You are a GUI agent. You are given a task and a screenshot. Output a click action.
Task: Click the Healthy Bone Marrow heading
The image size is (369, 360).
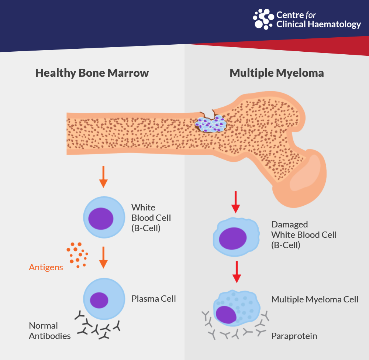[x=92, y=73]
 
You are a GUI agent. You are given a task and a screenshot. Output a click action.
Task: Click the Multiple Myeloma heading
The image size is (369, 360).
[x=277, y=73]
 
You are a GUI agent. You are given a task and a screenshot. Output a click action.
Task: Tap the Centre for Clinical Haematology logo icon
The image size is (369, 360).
[x=263, y=19]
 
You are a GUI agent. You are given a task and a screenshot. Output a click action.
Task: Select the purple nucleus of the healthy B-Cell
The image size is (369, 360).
[x=101, y=219]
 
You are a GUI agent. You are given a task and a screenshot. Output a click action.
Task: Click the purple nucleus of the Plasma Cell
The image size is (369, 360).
[x=99, y=300]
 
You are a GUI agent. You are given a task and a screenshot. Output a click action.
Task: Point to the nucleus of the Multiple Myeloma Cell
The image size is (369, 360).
[x=226, y=315]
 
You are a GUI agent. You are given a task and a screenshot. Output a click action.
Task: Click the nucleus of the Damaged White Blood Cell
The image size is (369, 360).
[x=233, y=238]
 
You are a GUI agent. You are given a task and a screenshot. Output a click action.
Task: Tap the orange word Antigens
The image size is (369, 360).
[x=46, y=267]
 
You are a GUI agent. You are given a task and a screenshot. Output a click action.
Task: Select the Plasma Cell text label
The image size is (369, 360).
[x=154, y=299]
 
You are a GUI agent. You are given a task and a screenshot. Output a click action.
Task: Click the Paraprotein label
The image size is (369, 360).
[x=294, y=336]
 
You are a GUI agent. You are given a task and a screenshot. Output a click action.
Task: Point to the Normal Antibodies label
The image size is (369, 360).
[x=50, y=330]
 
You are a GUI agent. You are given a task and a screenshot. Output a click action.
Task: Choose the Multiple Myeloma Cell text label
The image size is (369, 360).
[x=315, y=299]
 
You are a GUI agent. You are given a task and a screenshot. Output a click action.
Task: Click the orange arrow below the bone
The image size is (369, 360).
[x=103, y=177]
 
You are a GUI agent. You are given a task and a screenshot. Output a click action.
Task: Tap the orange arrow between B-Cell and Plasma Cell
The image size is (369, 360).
[x=103, y=258]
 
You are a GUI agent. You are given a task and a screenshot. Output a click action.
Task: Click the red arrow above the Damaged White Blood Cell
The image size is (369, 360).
[x=235, y=202]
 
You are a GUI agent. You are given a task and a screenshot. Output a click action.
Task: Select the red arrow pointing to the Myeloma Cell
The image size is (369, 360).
[x=237, y=272]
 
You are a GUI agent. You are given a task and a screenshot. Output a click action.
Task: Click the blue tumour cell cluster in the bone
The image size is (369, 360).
[x=211, y=124]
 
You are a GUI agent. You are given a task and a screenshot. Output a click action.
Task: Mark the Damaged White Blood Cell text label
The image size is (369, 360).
[x=304, y=235]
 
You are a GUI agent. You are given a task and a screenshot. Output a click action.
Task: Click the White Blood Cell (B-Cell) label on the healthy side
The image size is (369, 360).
[x=151, y=218]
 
